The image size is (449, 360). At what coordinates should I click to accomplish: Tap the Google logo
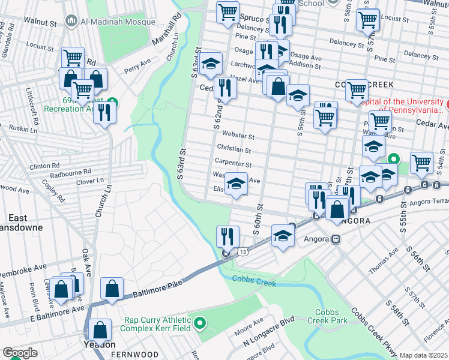click(20, 353)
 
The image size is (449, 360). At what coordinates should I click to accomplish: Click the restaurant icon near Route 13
click(228, 235)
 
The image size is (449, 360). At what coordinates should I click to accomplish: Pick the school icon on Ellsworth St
click(236, 182)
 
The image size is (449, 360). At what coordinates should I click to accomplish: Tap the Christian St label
click(234, 149)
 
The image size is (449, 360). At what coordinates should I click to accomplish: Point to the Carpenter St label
click(232, 163)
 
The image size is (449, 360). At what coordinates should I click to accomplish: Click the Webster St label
click(238, 136)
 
